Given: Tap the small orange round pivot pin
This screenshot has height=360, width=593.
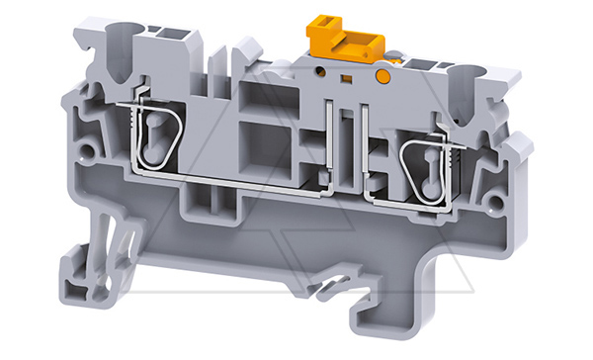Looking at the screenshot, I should click(381, 75).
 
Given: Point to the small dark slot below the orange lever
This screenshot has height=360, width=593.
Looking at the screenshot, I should click(348, 75).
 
